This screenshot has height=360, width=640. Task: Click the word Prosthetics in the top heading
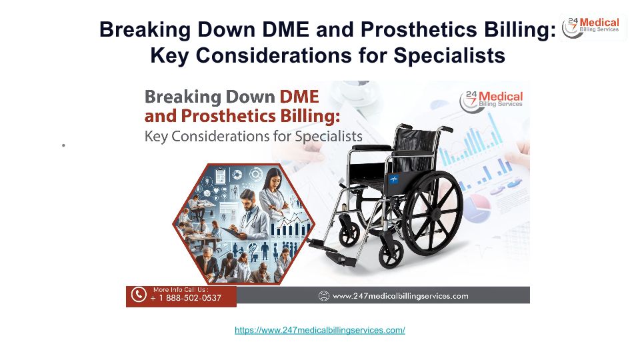coord(419,29)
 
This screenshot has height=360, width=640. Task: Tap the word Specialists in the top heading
coord(449,55)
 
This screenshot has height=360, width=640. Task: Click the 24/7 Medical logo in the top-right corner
coord(593,27)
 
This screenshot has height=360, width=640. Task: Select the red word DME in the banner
coord(299,97)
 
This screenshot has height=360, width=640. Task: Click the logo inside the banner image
coord(491,101)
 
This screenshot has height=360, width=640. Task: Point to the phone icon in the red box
coord(139,294)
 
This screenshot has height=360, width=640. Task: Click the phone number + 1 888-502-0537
coord(186,298)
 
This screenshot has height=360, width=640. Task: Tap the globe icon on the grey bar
coord(324,296)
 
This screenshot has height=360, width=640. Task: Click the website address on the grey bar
coord(401,296)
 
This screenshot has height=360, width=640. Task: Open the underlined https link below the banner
coord(320,330)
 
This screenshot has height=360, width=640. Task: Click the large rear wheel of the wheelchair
coord(432,213)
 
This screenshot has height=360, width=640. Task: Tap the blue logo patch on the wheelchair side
coord(393,179)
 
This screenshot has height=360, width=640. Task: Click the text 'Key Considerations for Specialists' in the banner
coord(253,136)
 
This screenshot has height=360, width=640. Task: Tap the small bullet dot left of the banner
coord(64,145)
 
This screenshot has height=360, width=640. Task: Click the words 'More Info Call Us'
coord(181,289)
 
